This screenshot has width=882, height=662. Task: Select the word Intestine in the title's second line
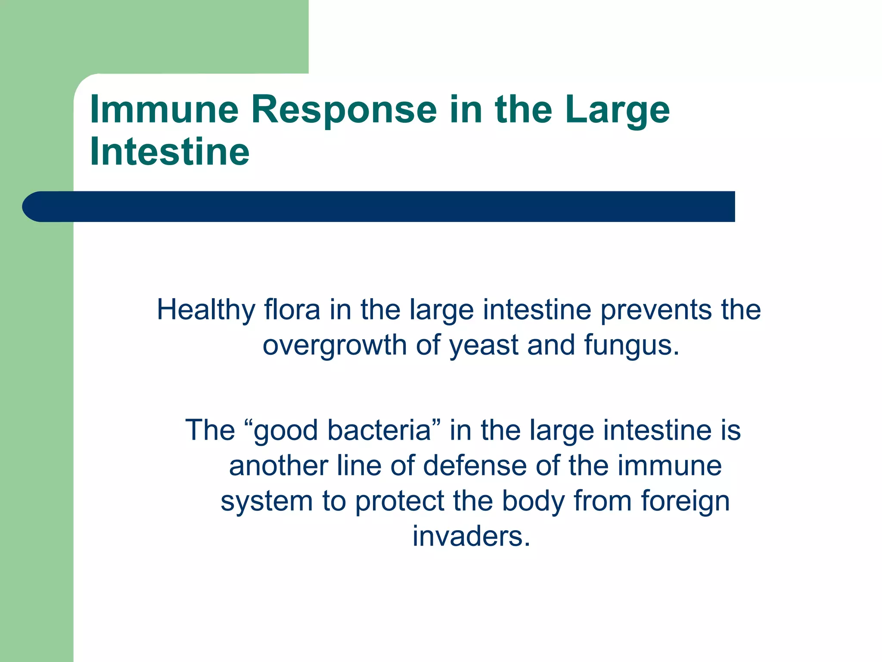[x=170, y=151]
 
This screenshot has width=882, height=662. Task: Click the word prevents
[x=656, y=311]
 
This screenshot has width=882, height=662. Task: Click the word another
[x=278, y=466]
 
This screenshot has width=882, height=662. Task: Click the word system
[x=267, y=502]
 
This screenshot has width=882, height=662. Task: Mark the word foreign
[x=685, y=502]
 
